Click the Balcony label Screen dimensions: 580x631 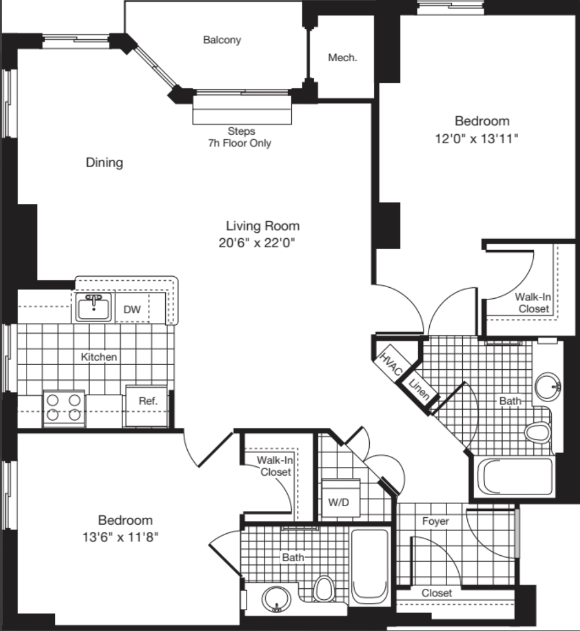222,40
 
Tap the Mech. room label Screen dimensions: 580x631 343,58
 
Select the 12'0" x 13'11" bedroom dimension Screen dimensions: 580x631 477,139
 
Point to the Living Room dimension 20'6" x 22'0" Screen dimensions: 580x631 256,243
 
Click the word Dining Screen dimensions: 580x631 104,162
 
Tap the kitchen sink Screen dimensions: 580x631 94,307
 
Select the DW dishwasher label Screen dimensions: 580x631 132,310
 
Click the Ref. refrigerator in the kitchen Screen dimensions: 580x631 146,406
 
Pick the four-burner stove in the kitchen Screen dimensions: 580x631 64,407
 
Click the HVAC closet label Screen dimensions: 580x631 391,364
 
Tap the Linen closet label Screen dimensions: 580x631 419,389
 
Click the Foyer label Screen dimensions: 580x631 435,521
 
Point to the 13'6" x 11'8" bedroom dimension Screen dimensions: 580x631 120,537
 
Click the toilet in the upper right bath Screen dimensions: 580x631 537,433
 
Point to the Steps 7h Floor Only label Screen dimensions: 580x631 240,137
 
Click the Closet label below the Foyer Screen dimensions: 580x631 437,593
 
